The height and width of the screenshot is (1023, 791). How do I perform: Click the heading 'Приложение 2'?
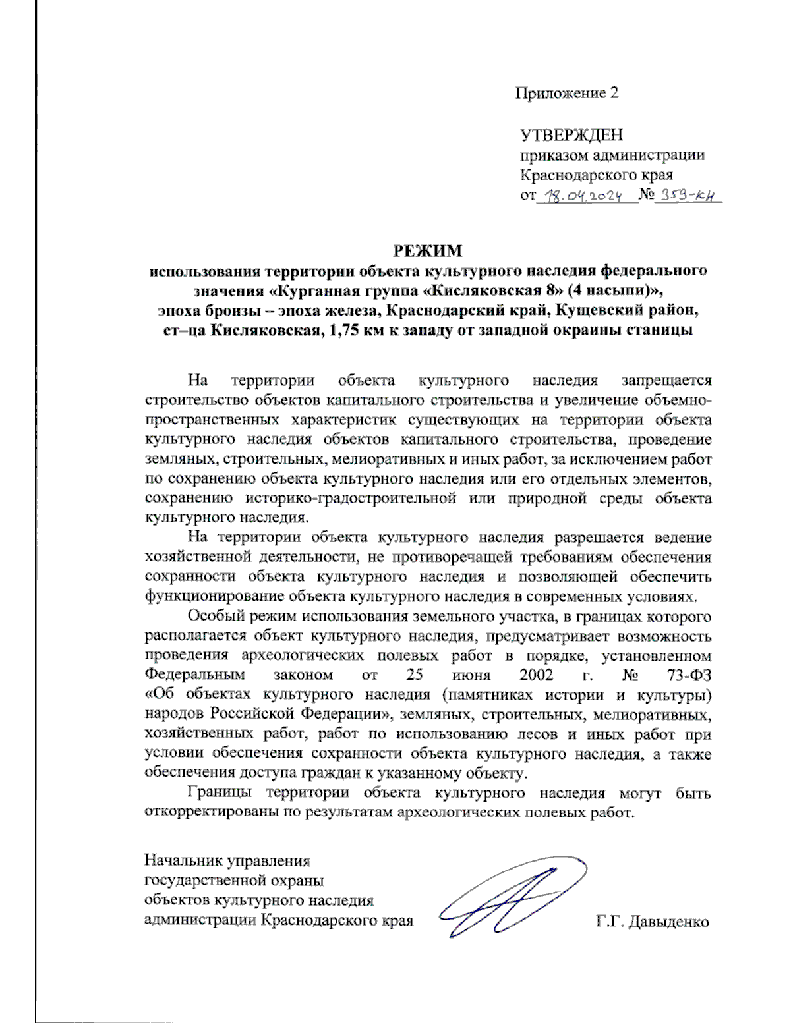(566, 93)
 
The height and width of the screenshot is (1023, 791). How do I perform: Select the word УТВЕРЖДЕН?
(571, 135)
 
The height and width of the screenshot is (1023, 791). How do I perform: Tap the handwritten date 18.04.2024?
(586, 196)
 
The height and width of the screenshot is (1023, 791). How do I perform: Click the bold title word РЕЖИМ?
(428, 251)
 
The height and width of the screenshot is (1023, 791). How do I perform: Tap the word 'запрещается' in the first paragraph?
(666, 380)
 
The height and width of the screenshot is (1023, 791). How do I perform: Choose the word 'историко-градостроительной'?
(350, 498)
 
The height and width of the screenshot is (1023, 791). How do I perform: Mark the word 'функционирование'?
(206, 597)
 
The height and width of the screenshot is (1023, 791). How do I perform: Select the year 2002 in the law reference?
(537, 675)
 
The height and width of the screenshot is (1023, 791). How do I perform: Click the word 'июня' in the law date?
(471, 675)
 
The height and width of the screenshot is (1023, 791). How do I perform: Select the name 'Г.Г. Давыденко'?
(652, 921)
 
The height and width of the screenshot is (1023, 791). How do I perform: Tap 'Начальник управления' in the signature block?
(227, 861)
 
